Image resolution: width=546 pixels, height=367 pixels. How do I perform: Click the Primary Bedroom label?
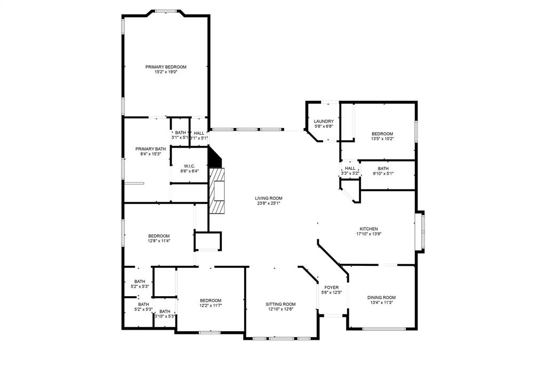(166, 67)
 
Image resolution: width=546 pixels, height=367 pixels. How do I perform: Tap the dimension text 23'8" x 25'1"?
(268, 203)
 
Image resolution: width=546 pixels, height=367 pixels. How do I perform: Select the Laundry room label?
(324, 121)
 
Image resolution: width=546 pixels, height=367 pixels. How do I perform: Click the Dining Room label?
(381, 298)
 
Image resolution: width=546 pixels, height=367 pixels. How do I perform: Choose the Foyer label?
(331, 288)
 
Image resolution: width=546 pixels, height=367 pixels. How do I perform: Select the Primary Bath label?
(151, 149)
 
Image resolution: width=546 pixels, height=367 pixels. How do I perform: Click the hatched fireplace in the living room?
(217, 190)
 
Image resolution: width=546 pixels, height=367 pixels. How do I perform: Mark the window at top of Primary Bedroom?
(166, 10)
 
